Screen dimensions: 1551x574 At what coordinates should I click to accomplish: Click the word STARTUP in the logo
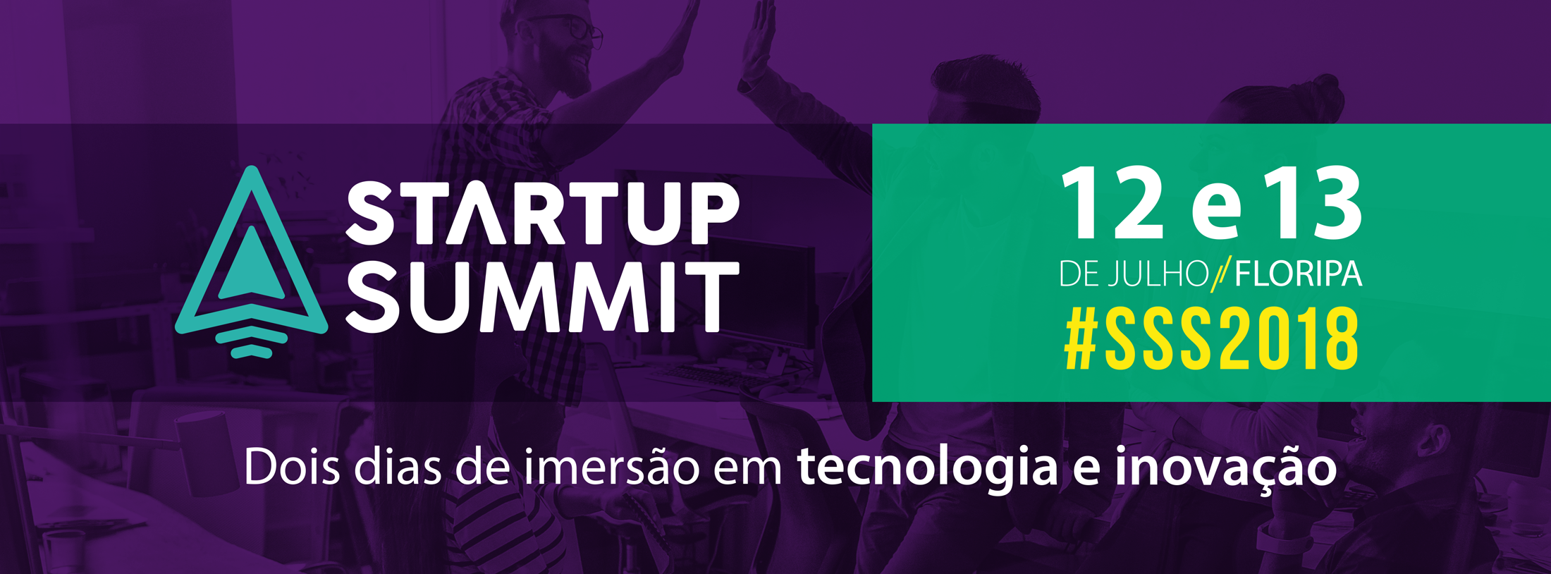tap(542, 213)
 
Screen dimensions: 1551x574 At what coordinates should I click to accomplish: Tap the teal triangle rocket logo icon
tap(252, 262)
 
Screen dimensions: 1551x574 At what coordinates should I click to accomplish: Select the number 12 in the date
tap(1112, 203)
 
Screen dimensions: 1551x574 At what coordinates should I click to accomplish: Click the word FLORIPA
tap(1298, 274)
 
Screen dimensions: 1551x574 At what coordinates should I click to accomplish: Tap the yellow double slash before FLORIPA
tap(1221, 274)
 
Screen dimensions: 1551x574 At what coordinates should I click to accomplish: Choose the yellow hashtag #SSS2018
tap(1211, 340)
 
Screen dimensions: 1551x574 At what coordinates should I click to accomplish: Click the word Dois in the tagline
tap(292, 467)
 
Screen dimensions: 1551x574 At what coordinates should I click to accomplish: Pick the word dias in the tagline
tap(399, 467)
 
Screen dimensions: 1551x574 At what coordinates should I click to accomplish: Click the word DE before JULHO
tap(1079, 274)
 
